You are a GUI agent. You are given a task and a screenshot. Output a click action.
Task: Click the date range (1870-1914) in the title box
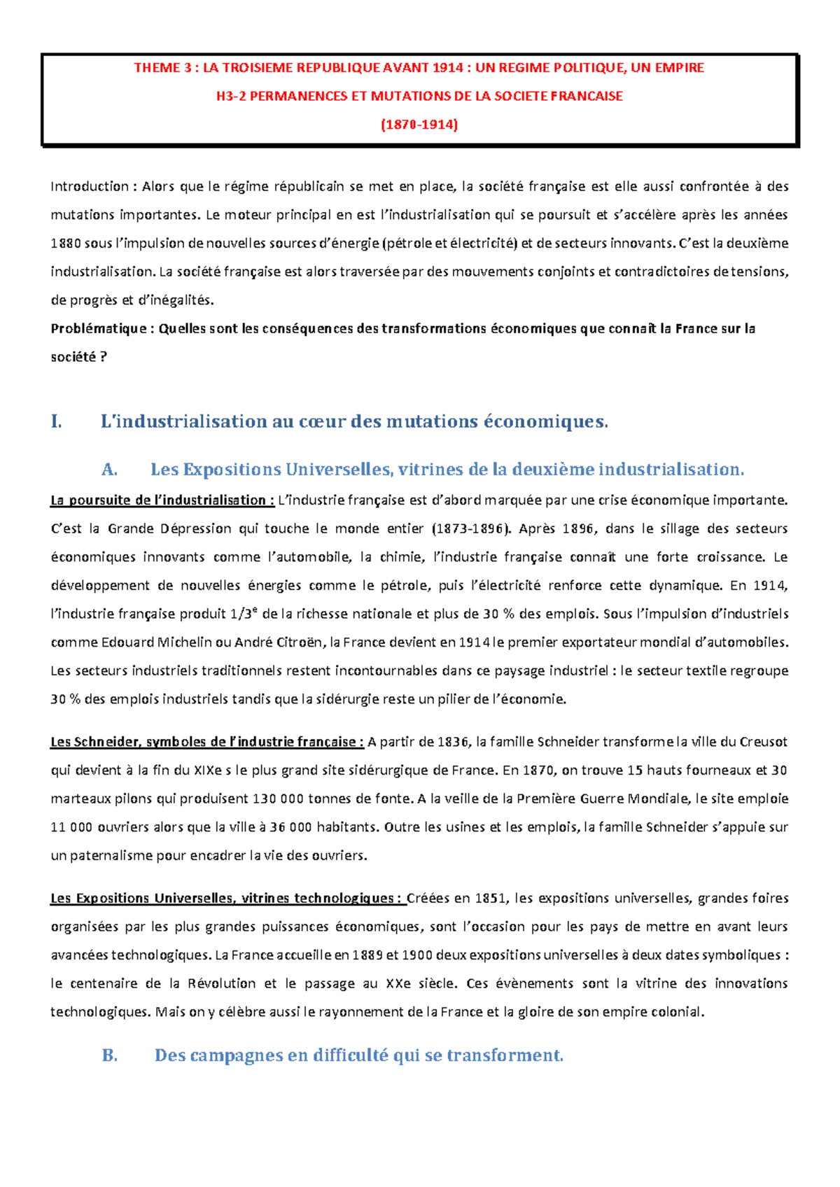tap(419, 125)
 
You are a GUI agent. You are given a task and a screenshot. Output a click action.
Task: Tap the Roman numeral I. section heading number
tap(57, 421)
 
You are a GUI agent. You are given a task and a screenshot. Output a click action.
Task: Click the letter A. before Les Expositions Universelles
tap(108, 470)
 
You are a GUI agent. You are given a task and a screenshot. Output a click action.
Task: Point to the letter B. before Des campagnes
tap(110, 1055)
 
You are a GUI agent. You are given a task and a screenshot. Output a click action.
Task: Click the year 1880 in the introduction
tap(66, 244)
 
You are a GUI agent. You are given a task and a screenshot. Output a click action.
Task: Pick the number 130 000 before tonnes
tap(278, 799)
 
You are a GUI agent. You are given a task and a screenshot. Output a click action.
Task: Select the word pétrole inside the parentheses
tap(409, 244)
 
